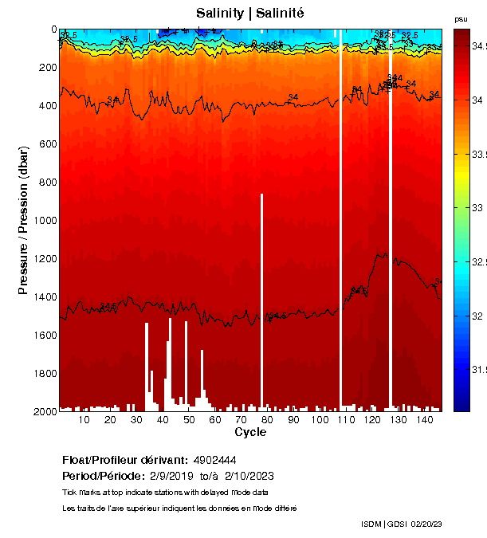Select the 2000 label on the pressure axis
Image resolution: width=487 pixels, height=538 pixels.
pos(45,412)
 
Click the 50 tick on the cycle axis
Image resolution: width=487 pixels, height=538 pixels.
pos(189,420)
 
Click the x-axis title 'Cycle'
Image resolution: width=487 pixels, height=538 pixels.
pos(250,433)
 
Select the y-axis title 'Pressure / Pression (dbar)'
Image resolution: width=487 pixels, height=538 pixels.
pos(23,220)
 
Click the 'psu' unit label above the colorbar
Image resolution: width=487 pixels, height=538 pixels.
pos(461,18)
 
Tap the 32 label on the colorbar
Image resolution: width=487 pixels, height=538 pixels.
pos(477,316)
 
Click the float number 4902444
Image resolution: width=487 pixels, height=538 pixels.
pos(214,460)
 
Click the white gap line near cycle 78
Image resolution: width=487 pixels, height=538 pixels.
pos(261,303)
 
